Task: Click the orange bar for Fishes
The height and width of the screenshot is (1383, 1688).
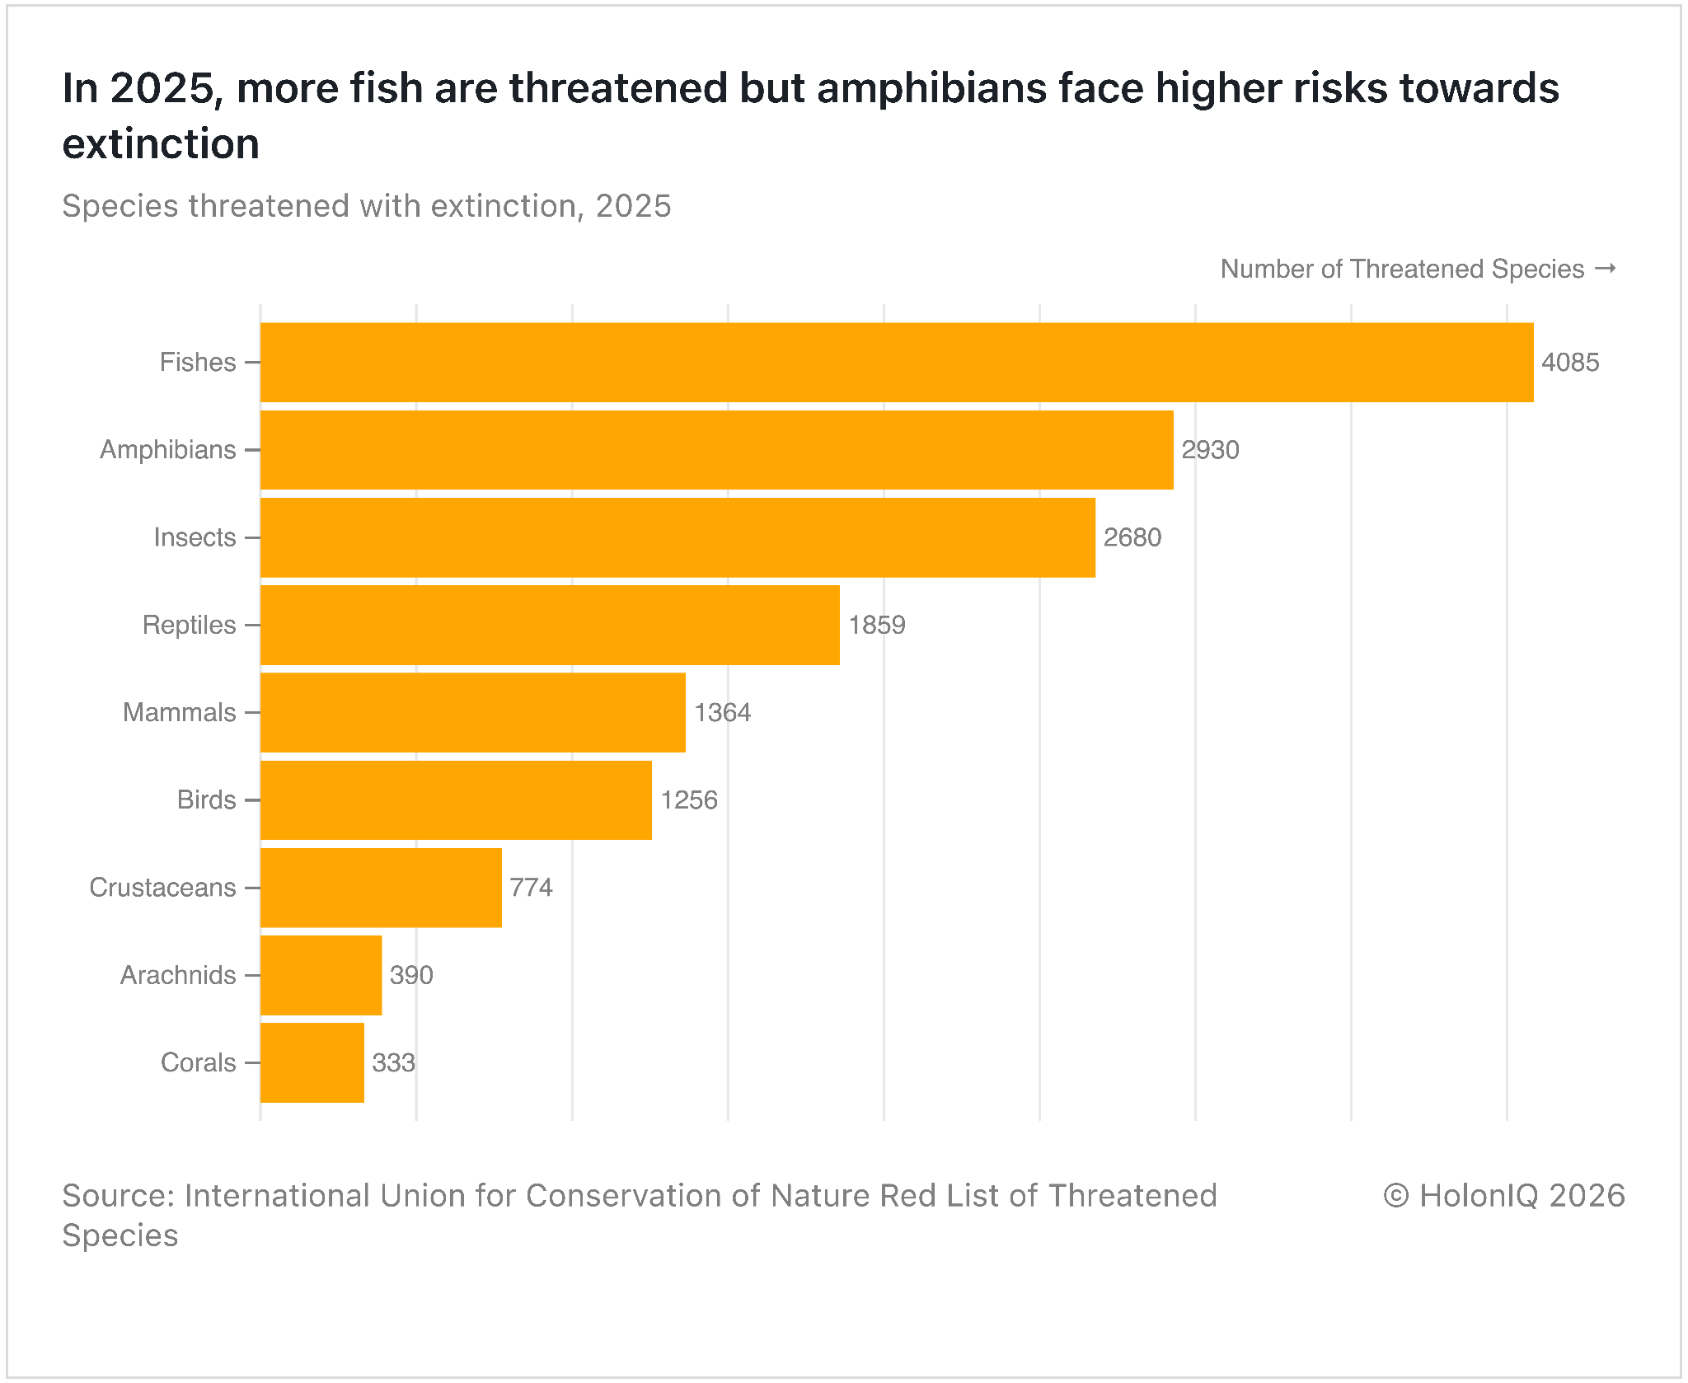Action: [x=897, y=363]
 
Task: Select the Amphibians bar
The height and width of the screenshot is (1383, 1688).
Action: [x=716, y=450]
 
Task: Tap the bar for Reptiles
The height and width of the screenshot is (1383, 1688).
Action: [x=550, y=625]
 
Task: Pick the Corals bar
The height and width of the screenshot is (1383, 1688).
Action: [x=312, y=1062]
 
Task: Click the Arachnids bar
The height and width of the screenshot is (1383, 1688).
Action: [x=321, y=975]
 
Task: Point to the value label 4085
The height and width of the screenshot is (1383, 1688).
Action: [x=1570, y=363]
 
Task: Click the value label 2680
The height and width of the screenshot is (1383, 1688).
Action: [x=1132, y=537]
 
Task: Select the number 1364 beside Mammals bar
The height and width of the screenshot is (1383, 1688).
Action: [x=723, y=712]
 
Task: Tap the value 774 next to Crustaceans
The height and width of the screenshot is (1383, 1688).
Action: [x=532, y=888]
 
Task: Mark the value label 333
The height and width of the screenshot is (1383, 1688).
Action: [x=394, y=1062]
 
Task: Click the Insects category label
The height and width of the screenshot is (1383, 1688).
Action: [x=195, y=537]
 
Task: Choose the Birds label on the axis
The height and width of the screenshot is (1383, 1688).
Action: [x=207, y=799]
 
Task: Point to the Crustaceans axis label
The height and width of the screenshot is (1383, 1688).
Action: [x=163, y=888]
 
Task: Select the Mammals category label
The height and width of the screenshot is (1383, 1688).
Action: [x=180, y=712]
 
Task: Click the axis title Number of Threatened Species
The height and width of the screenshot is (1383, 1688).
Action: [x=1402, y=270]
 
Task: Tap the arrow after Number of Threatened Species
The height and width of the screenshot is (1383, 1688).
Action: [x=1605, y=269]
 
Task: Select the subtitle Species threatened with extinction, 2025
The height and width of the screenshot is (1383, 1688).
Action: [x=367, y=206]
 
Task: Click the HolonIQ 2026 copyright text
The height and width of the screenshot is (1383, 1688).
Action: [x=1504, y=1196]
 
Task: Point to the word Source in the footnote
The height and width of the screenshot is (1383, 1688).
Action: [x=118, y=1196]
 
